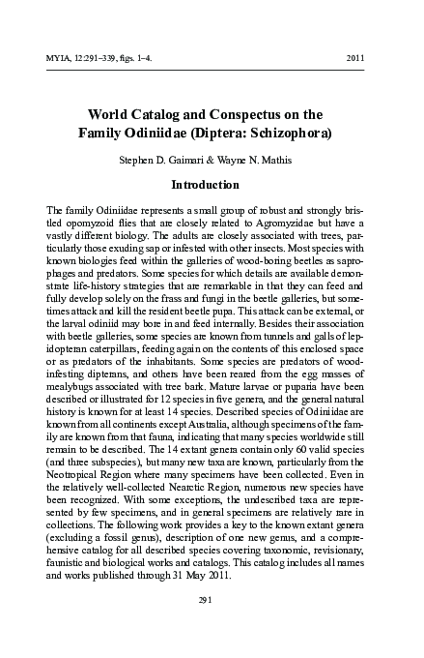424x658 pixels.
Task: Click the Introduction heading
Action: click(x=212, y=185)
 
